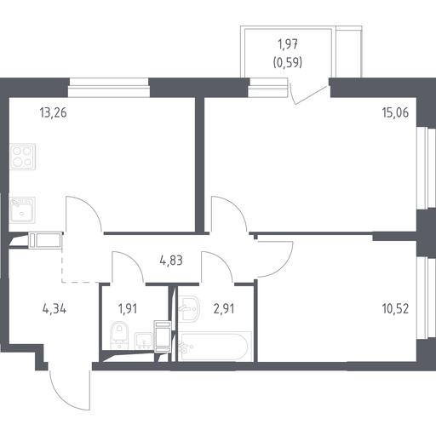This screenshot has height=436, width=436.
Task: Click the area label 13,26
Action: [x=54, y=112]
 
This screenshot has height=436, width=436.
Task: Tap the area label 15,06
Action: [x=395, y=112]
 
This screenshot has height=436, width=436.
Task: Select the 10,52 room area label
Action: [x=395, y=308]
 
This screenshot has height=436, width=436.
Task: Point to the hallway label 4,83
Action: [x=171, y=261]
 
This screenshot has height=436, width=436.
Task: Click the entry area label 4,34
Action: [x=54, y=308]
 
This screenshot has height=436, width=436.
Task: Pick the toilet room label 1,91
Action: [x=128, y=308]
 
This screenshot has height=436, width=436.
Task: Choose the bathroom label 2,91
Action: [x=224, y=308]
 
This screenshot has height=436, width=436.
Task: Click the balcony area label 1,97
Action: [x=288, y=44]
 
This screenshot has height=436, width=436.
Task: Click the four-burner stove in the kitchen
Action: [x=22, y=157]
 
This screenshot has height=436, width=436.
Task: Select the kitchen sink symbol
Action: [x=22, y=210]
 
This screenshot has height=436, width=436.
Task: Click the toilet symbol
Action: [x=119, y=335]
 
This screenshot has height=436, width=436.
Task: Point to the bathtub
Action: [x=215, y=347]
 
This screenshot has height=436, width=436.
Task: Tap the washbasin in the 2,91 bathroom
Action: [x=189, y=309]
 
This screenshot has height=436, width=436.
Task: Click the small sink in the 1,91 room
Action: [x=143, y=341]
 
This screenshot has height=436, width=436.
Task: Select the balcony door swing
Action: [x=309, y=94]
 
